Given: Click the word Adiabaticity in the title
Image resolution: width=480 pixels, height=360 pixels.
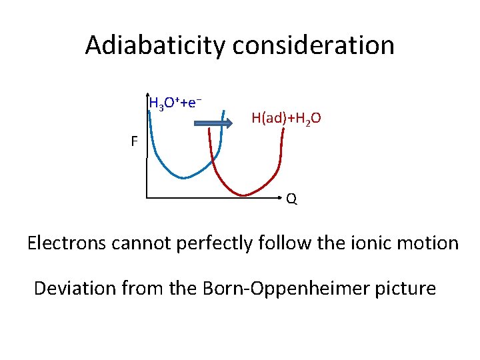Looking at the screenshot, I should [156, 45].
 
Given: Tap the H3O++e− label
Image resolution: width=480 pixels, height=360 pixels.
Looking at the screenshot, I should [175, 103].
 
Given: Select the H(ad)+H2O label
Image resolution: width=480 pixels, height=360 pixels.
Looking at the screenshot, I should [286, 118].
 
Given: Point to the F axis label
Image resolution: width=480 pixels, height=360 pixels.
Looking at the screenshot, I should [134, 141].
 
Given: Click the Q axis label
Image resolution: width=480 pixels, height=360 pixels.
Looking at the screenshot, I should [292, 199].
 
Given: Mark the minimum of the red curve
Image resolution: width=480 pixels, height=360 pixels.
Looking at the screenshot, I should [244, 195].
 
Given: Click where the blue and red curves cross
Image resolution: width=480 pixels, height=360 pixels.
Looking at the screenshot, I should [214, 161].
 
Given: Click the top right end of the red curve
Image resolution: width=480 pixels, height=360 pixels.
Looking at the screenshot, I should [283, 129].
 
